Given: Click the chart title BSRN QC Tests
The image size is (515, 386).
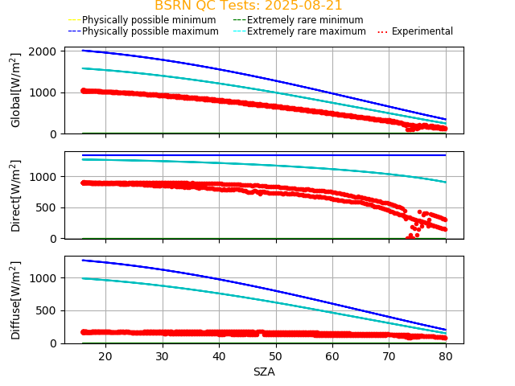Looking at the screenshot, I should tap(248, 6).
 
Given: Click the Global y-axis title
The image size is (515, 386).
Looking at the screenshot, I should tap(15, 89).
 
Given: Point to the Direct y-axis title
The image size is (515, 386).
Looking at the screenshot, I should tap(15, 195).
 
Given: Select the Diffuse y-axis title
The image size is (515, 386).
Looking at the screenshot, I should tap(15, 299).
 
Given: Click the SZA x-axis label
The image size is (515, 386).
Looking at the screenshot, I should tap(264, 372).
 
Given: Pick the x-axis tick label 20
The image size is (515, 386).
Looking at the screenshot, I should tap(105, 355).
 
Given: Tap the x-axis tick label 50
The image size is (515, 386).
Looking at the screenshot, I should tap(275, 355).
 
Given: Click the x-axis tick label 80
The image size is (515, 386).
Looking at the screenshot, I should tap(446, 355).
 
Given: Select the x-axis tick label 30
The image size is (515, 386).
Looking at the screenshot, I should tap(162, 355).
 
